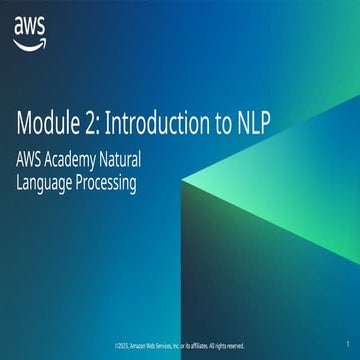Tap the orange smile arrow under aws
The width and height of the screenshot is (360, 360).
coord(29,42)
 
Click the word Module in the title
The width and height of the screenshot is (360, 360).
coord(49,124)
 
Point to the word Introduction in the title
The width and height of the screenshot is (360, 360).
coord(151,124)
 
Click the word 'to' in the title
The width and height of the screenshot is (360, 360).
coord(212,124)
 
